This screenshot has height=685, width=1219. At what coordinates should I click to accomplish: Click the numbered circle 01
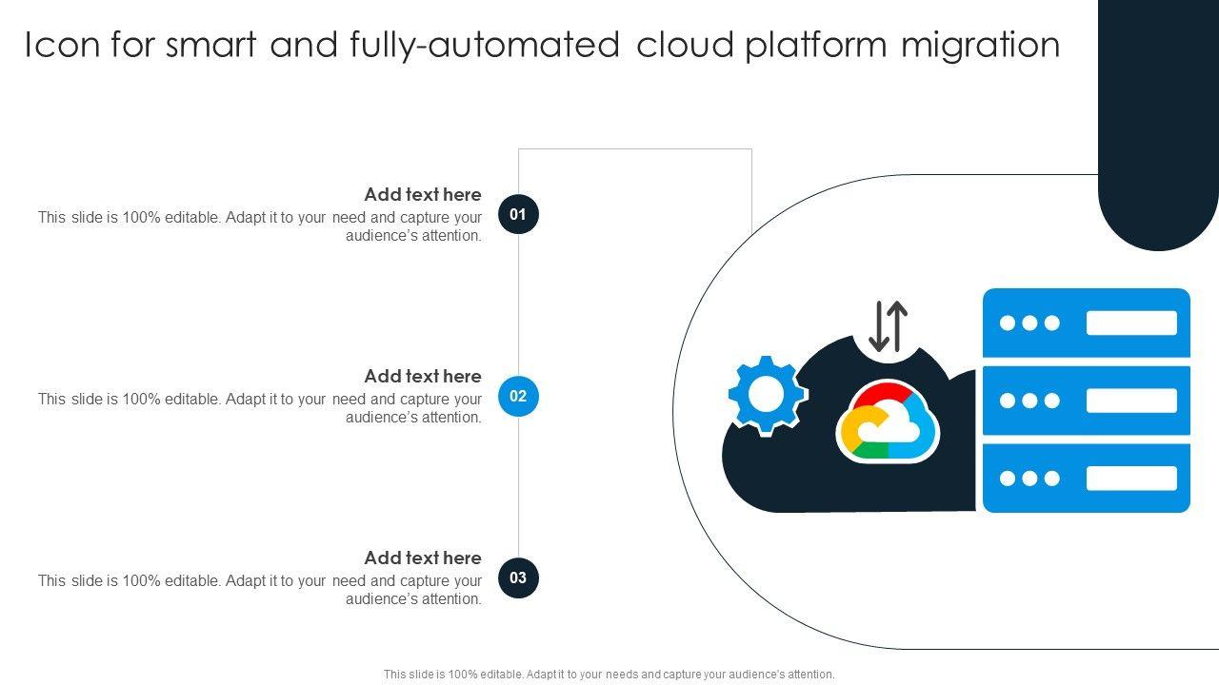pyautogui.click(x=518, y=214)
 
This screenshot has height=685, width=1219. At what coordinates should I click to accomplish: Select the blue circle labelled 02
pyautogui.click(x=518, y=396)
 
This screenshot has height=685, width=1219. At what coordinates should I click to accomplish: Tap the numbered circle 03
pyautogui.click(x=518, y=577)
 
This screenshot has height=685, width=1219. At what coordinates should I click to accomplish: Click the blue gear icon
pyautogui.click(x=767, y=395)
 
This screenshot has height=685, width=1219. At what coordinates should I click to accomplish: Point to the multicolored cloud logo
pyautogui.click(x=888, y=421)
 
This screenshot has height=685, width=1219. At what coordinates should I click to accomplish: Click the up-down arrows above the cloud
pyautogui.click(x=889, y=326)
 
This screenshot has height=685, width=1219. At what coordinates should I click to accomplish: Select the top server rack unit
pyautogui.click(x=1087, y=323)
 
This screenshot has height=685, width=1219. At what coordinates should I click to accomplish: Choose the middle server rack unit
pyautogui.click(x=1087, y=401)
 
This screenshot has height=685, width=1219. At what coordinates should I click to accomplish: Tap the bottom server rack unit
pyautogui.click(x=1087, y=478)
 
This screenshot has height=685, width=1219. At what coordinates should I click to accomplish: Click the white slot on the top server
pyautogui.click(x=1131, y=323)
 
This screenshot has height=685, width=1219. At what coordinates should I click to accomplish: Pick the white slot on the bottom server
pyautogui.click(x=1131, y=478)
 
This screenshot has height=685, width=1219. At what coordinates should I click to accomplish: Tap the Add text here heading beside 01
pyautogui.click(x=423, y=194)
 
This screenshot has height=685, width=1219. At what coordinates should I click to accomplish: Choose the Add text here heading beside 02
pyautogui.click(x=423, y=376)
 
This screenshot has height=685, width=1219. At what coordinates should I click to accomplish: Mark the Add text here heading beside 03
pyautogui.click(x=423, y=558)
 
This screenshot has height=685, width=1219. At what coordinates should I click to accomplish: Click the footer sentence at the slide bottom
pyautogui.click(x=609, y=674)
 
